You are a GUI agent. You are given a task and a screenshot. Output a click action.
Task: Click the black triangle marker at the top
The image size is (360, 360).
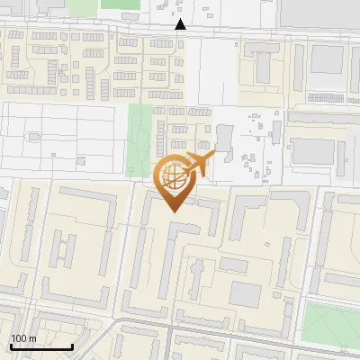tap(181, 24)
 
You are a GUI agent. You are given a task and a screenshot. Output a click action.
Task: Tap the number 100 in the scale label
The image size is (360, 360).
tap(19, 338)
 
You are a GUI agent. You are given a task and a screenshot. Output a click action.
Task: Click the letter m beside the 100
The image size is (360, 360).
tap(32, 338)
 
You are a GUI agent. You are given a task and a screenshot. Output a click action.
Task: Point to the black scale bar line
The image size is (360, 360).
tap(41, 346)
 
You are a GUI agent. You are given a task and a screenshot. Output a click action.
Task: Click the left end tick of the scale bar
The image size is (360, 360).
tap(11, 345)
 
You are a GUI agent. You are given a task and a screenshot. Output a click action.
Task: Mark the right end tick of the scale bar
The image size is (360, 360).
tap(72, 345)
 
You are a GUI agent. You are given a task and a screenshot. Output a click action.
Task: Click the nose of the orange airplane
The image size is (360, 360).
tap(212, 157)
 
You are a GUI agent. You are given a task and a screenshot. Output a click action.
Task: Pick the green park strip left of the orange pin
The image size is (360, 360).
tap(139, 139)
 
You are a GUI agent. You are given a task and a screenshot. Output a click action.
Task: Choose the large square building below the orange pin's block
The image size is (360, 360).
tap(245, 293)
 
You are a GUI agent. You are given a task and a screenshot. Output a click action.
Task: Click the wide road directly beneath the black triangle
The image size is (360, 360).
tap(181, 34)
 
